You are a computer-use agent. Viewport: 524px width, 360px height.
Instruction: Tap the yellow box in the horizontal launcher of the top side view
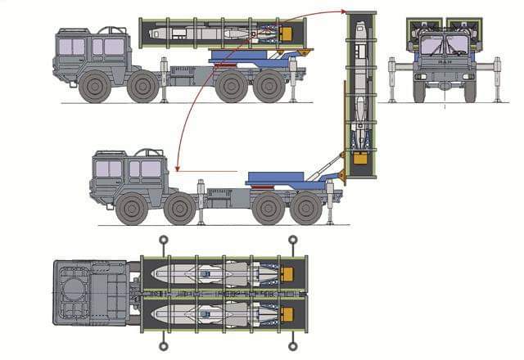[286, 34]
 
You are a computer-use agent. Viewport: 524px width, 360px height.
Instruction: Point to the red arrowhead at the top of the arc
[340, 11]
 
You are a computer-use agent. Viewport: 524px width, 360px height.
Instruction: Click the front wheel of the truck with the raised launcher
[131, 209]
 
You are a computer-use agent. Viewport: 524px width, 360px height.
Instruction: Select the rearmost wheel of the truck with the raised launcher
[305, 209]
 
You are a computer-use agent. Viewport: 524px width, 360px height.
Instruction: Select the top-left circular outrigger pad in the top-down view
[164, 241]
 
